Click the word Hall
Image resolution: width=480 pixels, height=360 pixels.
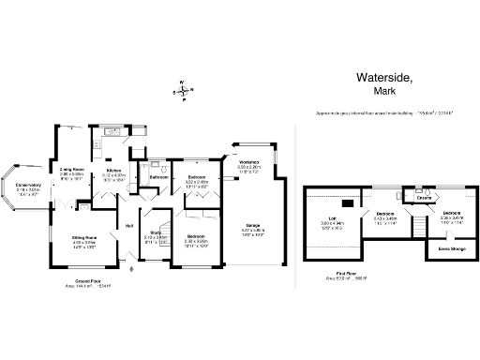pos(128,225)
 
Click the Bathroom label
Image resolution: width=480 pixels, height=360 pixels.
pos(158,176)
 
